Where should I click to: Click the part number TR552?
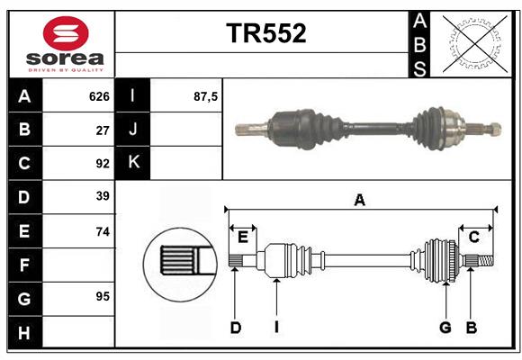click(265, 33)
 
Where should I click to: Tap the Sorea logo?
click(60, 44)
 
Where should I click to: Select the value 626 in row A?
click(99, 96)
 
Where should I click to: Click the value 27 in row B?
click(103, 130)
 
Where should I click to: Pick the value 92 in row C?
click(102, 164)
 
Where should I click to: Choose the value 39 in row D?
click(102, 196)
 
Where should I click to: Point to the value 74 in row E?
click(102, 230)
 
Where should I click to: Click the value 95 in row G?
click(102, 297)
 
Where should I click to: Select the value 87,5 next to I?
click(206, 96)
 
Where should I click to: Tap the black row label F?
click(24, 265)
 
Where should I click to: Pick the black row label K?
click(133, 163)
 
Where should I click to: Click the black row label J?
click(133, 130)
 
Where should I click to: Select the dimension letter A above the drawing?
click(360, 201)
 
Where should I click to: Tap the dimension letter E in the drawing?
click(242, 237)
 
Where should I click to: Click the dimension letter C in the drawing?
click(473, 237)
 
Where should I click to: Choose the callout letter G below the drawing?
click(445, 328)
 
